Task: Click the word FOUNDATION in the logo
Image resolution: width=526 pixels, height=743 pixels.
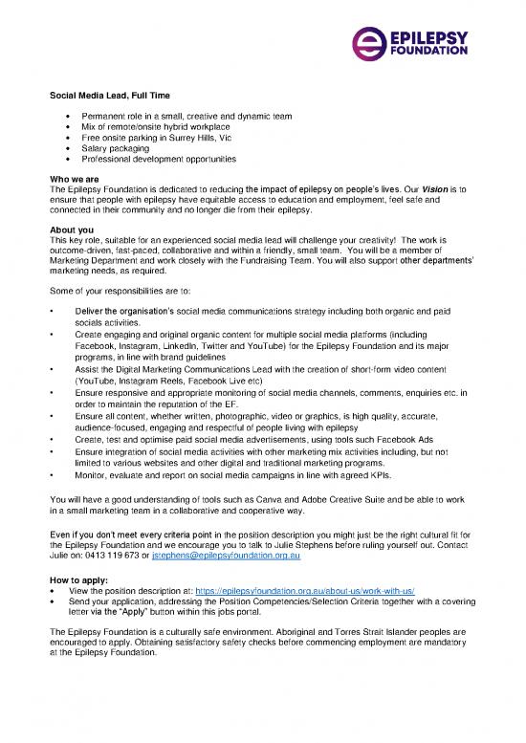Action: click(x=431, y=53)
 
